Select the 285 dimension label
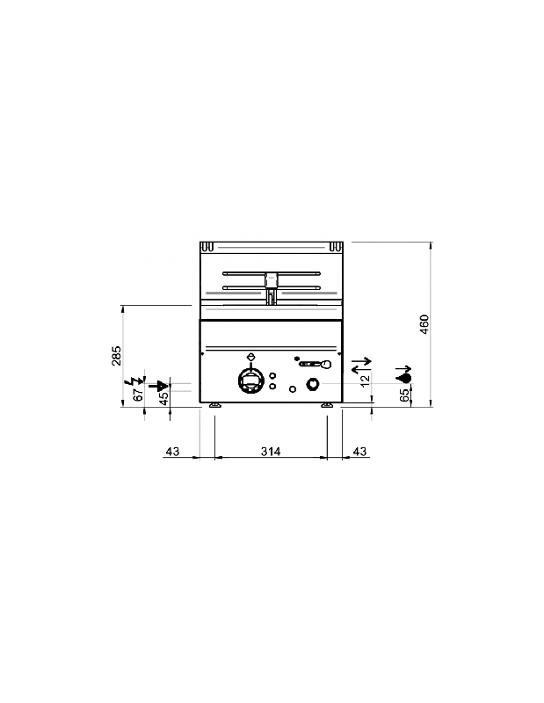tap(116, 356)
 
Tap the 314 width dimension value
tap(270, 452)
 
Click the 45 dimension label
tap(163, 398)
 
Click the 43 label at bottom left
tap(172, 452)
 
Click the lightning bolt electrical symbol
tap(134, 381)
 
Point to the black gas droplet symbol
tap(404, 376)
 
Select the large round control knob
tap(250, 382)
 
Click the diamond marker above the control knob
tap(252, 356)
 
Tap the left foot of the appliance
tap(214, 405)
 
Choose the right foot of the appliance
tap(327, 405)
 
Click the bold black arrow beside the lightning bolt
tap(158, 385)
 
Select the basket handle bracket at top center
tap(271, 281)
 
